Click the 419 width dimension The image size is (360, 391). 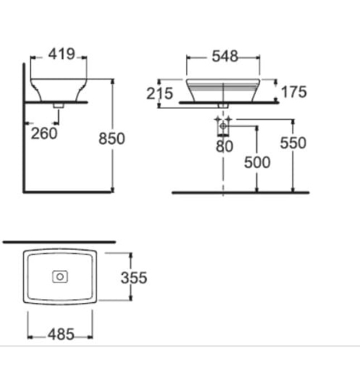[61, 54]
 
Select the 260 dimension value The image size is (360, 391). [44, 133]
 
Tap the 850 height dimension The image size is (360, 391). [112, 139]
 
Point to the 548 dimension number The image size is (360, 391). [223, 56]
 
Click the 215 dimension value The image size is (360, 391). [160, 93]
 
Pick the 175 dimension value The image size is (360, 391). [294, 92]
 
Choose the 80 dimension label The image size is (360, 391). [224, 146]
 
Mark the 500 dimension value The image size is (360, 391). [257, 162]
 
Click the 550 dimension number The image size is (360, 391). [294, 143]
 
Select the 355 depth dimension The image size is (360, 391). [134, 277]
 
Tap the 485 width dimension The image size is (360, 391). [60, 334]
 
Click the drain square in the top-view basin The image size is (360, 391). [60, 276]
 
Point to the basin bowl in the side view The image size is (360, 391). [59, 89]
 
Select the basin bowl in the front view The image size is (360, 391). [223, 90]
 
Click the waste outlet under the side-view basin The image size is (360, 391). [57, 104]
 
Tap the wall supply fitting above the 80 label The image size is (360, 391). [223, 126]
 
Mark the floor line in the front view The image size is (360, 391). [240, 192]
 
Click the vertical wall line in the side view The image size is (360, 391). [23, 128]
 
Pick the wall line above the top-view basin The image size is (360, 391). [59, 242]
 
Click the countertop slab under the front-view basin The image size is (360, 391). [229, 103]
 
